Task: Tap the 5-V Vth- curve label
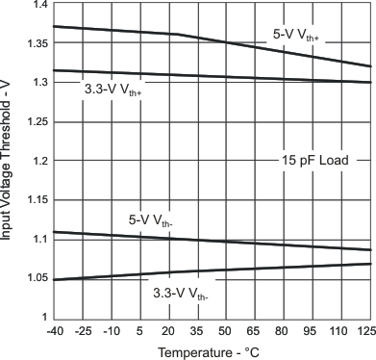click(151, 220)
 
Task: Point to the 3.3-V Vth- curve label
click(180, 293)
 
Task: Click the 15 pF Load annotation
click(313, 160)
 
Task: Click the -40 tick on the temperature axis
click(54, 332)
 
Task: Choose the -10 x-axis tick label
click(112, 332)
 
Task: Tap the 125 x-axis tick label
click(366, 332)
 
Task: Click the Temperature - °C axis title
click(211, 352)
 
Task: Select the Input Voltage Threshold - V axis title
click(9, 161)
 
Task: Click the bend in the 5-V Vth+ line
click(177, 35)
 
